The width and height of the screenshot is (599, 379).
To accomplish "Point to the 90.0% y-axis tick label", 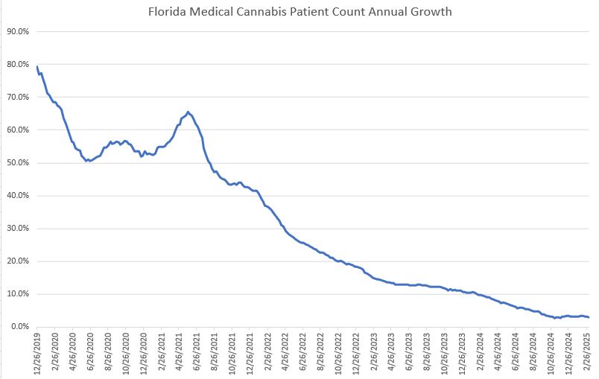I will coord(18,31).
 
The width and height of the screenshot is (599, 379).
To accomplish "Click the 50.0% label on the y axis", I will coord(18,163).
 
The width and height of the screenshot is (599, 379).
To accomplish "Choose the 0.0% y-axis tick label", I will coord(20,327).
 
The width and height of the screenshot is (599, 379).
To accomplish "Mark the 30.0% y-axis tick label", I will coord(18,229).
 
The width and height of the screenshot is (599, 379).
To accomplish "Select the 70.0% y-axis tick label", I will coord(18,98).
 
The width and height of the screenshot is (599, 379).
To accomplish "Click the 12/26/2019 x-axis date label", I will coord(37,354).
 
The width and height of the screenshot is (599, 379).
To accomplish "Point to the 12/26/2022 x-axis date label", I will coord(358,354).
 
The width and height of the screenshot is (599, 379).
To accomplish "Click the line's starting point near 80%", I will coord(37,67).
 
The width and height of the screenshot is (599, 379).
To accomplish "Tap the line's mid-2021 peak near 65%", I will coord(188,112).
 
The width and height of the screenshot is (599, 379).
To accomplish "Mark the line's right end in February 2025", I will coord(589,317).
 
